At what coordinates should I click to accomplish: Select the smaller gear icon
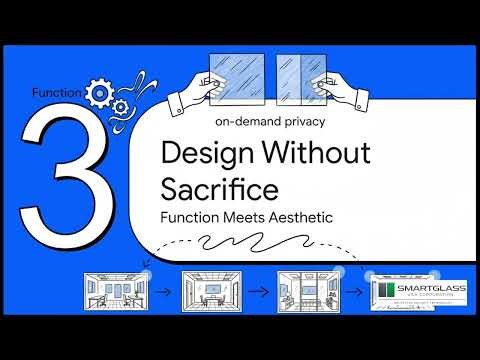tap(120, 107)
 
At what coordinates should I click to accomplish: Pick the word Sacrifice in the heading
tap(218, 186)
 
